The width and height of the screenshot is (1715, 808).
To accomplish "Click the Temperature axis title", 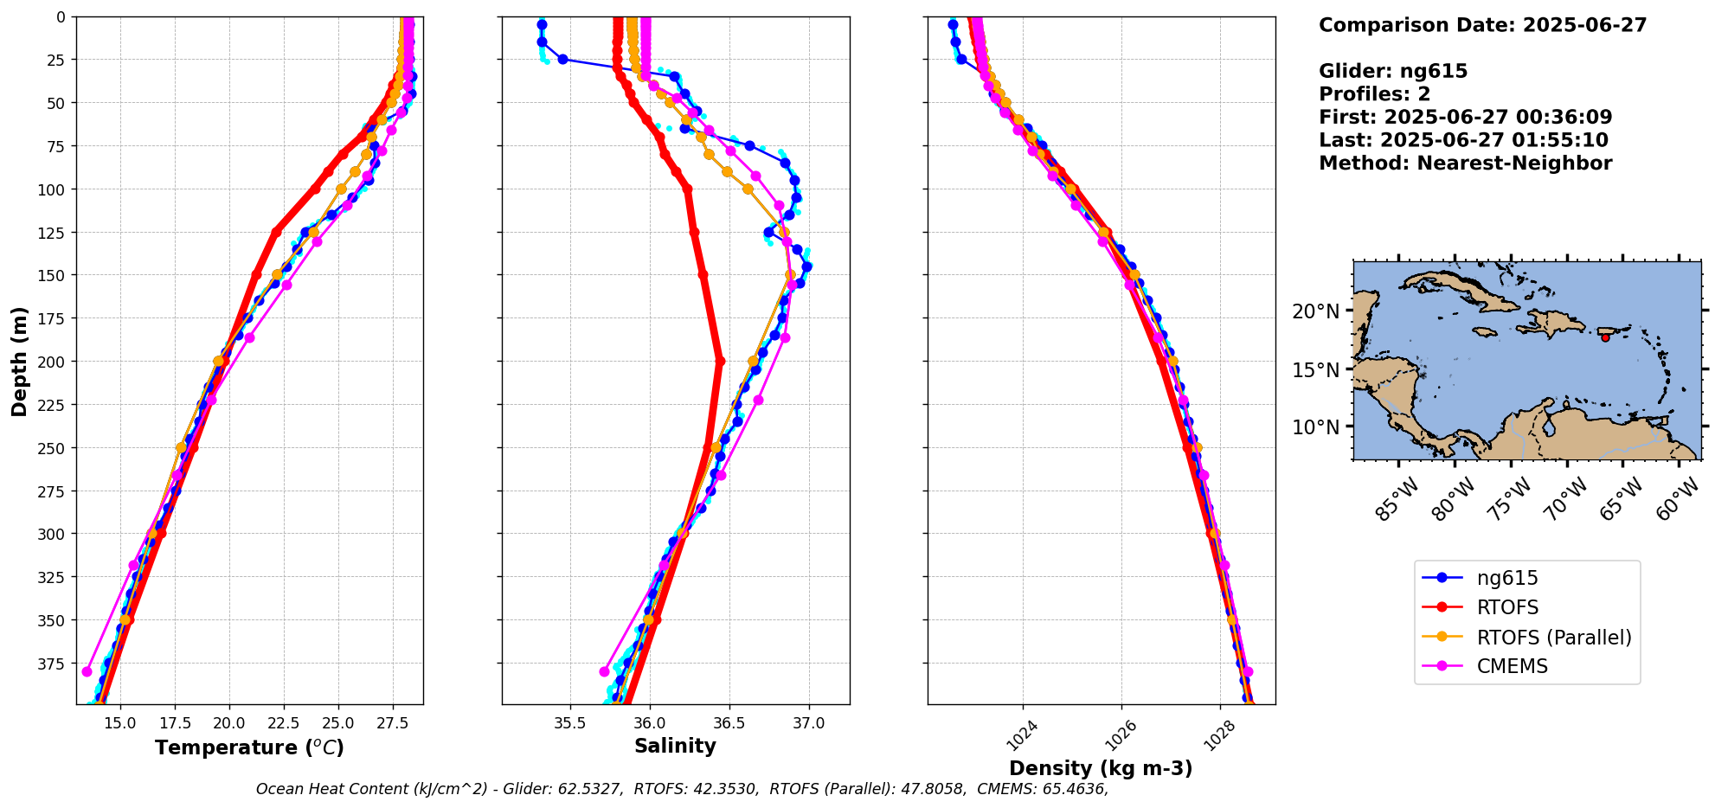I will click(249, 747).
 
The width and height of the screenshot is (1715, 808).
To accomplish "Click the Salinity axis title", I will click(675, 746).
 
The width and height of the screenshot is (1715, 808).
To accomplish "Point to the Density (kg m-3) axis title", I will click(1101, 768).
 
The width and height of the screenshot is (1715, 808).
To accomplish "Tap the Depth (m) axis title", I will click(19, 361).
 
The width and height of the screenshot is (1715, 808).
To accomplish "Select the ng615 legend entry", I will click(1506, 578).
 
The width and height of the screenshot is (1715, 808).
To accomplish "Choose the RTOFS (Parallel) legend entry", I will click(1553, 638).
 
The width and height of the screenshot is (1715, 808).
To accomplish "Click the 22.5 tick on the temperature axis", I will click(282, 723).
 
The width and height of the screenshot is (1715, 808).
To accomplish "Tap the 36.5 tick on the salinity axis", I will click(729, 723).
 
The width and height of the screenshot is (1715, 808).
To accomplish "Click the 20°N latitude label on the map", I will click(1315, 311).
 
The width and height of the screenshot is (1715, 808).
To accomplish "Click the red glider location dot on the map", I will click(1605, 337).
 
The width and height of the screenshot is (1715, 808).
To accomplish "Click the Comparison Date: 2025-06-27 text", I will click(1482, 25).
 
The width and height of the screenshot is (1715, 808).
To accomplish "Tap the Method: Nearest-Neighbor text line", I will click(1465, 164).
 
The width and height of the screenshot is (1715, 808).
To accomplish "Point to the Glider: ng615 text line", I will click(1393, 71).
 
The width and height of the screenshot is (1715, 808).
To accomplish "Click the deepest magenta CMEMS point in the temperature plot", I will click(87, 671).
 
